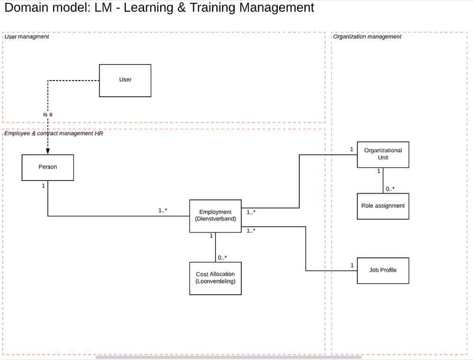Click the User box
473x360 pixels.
tap(125, 81)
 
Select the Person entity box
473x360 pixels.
tap(48, 167)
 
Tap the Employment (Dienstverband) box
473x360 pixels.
tap(216, 216)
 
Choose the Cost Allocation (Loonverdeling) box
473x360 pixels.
tap(216, 278)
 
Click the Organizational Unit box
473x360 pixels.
tap(383, 154)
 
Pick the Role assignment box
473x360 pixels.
tap(383, 206)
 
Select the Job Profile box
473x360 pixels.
tap(383, 270)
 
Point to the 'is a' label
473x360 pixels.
tap(48, 115)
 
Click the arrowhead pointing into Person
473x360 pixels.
tap(48, 151)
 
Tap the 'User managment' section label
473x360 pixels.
tap(27, 37)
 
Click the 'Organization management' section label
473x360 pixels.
tap(367, 37)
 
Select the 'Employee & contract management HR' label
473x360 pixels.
tap(54, 134)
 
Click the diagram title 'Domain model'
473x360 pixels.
tap(159, 8)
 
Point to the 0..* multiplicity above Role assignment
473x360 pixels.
tap(390, 189)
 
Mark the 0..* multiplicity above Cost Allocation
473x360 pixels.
tap(222, 258)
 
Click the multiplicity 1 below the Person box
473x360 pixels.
tap(43, 186)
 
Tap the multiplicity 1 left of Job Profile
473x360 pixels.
tap(352, 265)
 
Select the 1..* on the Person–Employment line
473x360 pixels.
tap(163, 210)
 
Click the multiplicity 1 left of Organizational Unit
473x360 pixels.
tap(352, 150)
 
